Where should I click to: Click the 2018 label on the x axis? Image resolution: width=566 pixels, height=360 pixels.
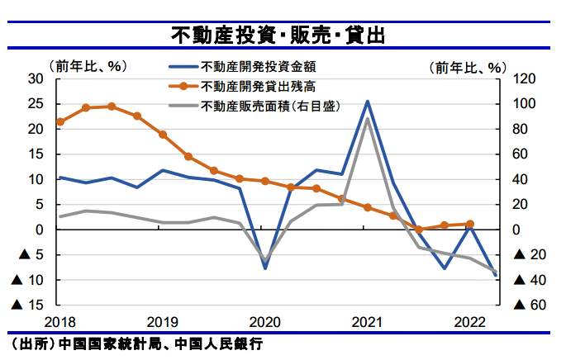pos(59,321)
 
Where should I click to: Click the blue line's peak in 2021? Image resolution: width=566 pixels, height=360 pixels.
pos(368,102)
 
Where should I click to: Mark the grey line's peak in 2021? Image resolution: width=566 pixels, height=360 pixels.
pos(367,119)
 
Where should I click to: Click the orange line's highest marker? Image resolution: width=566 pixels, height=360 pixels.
pos(112,107)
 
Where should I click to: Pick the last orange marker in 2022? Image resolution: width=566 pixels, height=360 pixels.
pos(470,224)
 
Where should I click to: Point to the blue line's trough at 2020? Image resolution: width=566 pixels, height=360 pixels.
pos(265,268)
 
